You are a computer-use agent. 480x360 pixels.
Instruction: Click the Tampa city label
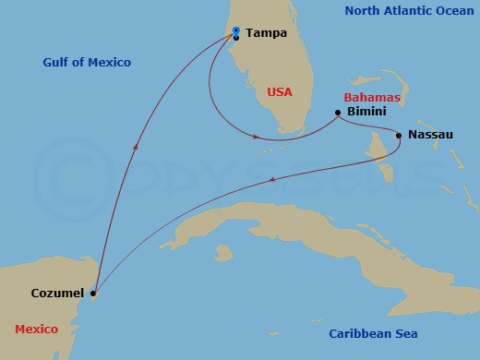click(267, 33)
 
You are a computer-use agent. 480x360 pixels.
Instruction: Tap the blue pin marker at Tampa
click(237, 31)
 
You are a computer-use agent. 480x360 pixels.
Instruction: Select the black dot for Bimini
click(338, 113)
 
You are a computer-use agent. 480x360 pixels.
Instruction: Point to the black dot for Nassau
click(399, 136)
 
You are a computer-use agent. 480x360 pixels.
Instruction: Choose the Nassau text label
click(431, 135)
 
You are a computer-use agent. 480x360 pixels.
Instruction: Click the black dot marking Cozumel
click(93, 294)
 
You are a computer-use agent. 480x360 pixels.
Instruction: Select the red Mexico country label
click(36, 329)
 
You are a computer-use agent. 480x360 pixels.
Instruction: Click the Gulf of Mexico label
click(87, 63)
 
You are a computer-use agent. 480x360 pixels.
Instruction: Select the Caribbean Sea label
click(374, 333)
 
